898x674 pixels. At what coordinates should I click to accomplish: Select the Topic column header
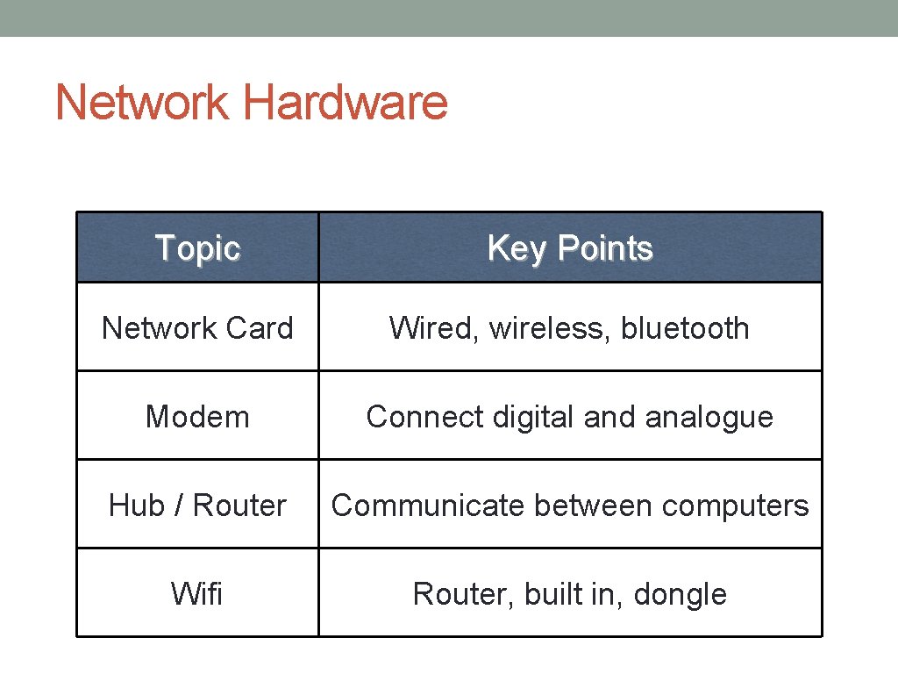(197, 248)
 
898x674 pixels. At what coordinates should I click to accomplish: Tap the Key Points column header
(570, 248)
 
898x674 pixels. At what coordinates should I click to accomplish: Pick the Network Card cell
(197, 328)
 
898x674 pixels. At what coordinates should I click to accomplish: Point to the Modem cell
(197, 417)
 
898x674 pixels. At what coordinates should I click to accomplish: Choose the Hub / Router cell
(197, 505)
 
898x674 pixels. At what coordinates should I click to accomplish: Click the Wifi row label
(197, 594)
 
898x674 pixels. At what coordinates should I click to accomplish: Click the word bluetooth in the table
(685, 328)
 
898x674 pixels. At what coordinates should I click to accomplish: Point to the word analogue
(709, 417)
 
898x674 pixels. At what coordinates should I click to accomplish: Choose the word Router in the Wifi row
(461, 594)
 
